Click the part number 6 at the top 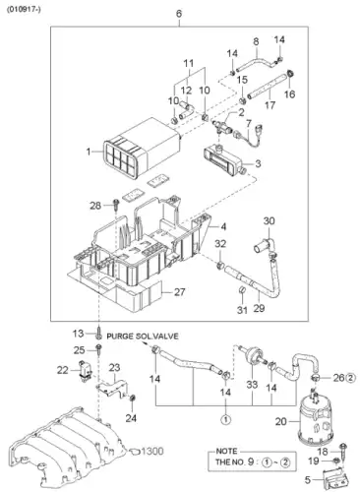pyautogui.click(x=179, y=14)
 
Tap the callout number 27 pyautogui.click(x=180, y=291)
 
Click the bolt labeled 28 pyautogui.click(x=116, y=205)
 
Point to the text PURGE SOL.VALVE pyautogui.click(x=143, y=337)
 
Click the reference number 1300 pyautogui.click(x=152, y=452)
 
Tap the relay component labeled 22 pyautogui.click(x=85, y=372)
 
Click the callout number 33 pyautogui.click(x=252, y=384)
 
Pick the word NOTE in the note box pyautogui.click(x=226, y=451)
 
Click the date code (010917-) pyautogui.click(x=24, y=10)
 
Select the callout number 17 pyautogui.click(x=270, y=105)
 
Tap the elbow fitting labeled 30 pyautogui.click(x=265, y=245)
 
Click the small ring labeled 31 pyautogui.click(x=242, y=289)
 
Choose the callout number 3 pyautogui.click(x=258, y=163)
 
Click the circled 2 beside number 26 pyautogui.click(x=350, y=378)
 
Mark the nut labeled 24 pyautogui.click(x=133, y=399)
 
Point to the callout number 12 pyautogui.click(x=186, y=90)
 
